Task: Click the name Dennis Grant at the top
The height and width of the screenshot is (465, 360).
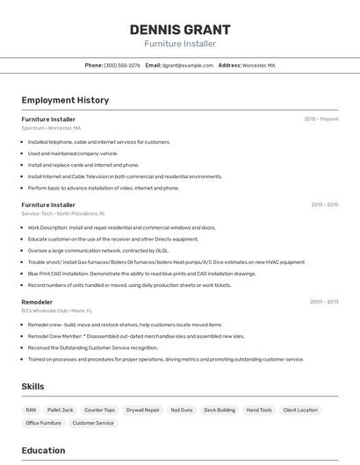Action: click(x=180, y=29)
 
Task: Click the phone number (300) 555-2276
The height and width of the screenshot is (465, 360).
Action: click(x=122, y=65)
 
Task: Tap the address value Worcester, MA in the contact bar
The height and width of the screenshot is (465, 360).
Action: click(x=259, y=65)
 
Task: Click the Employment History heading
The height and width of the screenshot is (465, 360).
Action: click(x=65, y=100)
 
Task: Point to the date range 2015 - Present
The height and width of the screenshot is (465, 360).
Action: click(x=320, y=118)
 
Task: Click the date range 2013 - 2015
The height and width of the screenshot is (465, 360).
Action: click(x=324, y=204)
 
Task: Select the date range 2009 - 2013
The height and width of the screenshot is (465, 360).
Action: click(x=324, y=302)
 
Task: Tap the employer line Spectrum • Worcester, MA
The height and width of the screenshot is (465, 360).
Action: click(x=51, y=128)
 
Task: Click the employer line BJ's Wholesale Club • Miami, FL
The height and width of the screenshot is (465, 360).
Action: click(x=57, y=311)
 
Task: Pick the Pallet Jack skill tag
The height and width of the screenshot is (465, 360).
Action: click(x=61, y=410)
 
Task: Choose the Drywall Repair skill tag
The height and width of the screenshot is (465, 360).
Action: click(x=142, y=410)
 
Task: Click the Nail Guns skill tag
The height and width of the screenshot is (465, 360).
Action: click(x=182, y=410)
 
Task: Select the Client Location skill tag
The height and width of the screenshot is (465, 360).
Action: click(x=301, y=410)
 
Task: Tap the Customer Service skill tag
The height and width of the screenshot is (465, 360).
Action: click(x=93, y=423)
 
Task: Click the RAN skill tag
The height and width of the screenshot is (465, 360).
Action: click(x=31, y=410)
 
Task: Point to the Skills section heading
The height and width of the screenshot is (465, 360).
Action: click(x=32, y=386)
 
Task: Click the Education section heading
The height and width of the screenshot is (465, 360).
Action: click(x=43, y=450)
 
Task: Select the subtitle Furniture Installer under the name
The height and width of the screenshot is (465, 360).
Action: click(x=180, y=44)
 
